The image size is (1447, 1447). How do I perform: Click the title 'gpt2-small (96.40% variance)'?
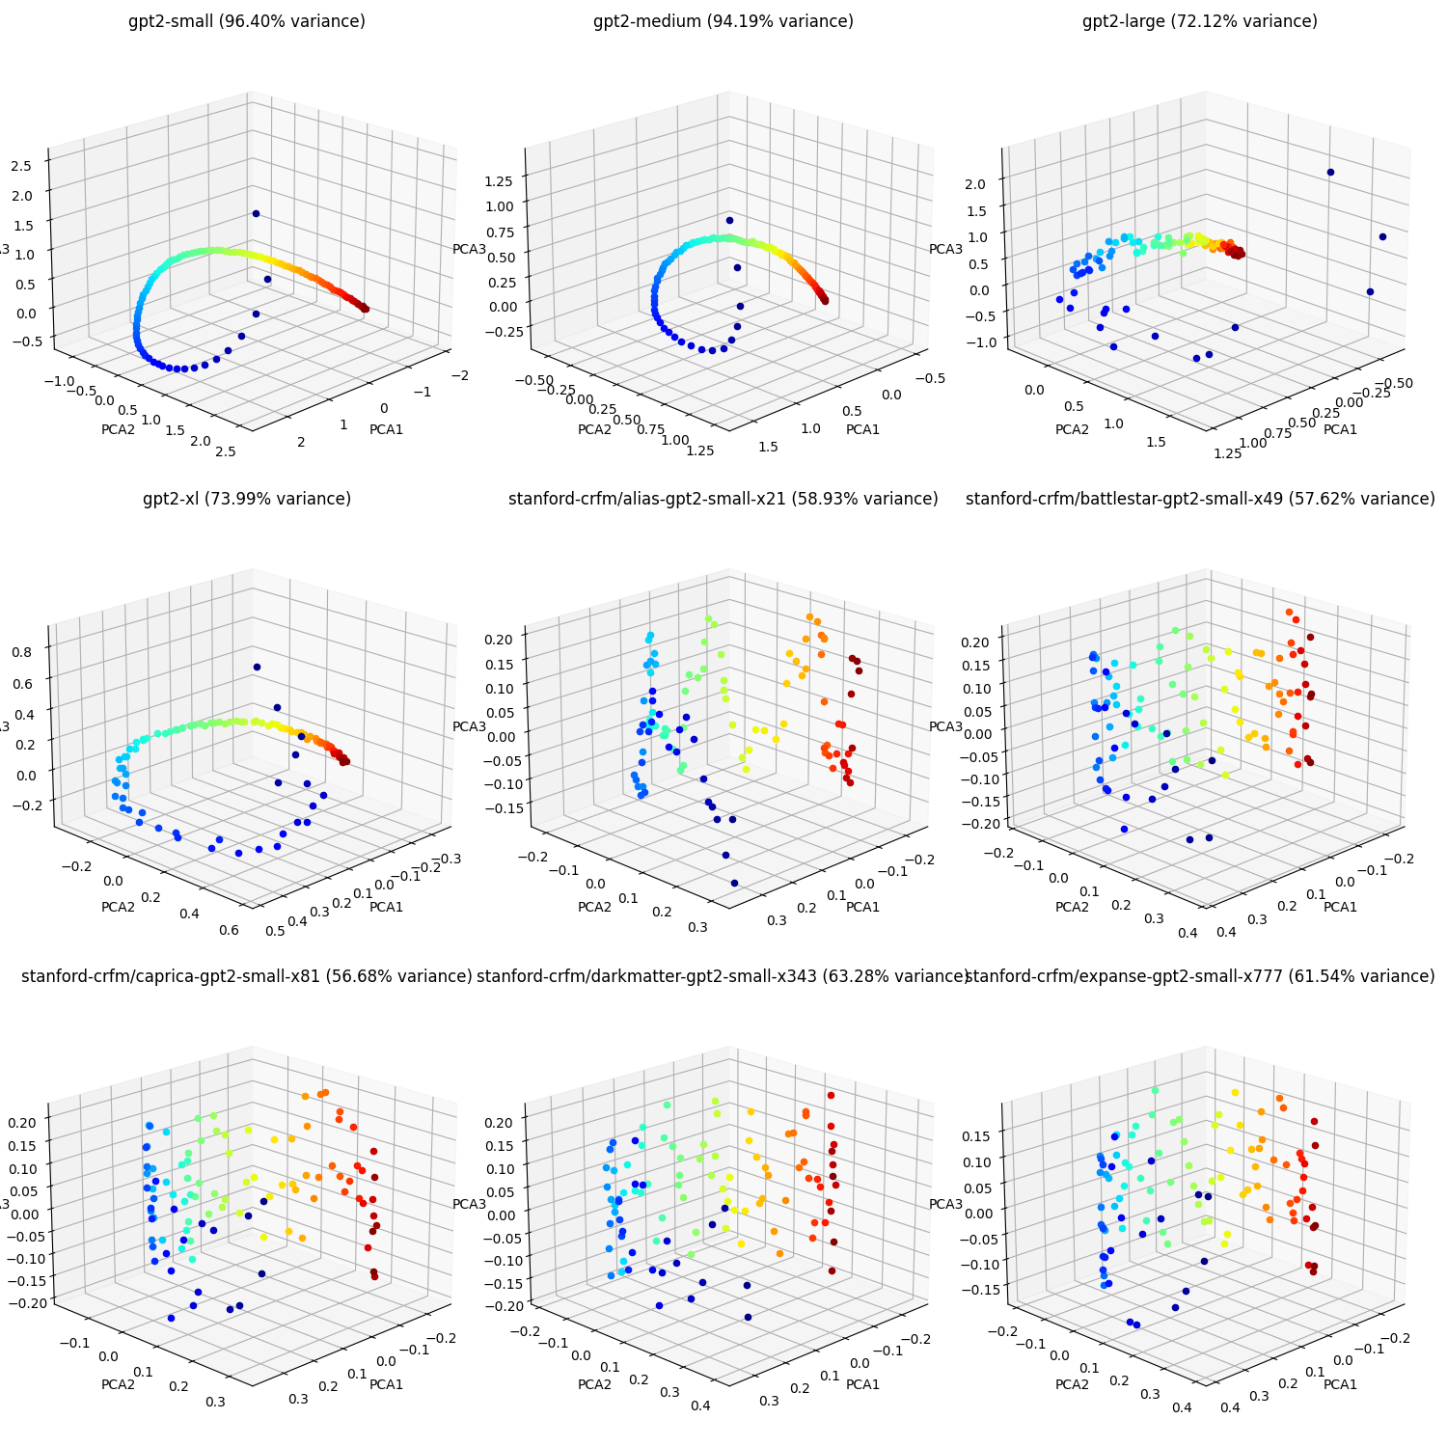tap(247, 21)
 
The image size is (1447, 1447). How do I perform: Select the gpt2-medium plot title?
tap(723, 21)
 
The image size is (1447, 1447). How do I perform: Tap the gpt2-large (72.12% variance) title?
tap(1200, 21)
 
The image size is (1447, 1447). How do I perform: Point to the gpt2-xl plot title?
tap(247, 499)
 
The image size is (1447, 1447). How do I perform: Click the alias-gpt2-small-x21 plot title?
tap(723, 499)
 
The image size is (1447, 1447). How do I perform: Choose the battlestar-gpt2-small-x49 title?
tap(1200, 499)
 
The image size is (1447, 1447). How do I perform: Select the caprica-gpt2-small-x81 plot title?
tap(247, 976)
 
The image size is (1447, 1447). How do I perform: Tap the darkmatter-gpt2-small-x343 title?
tap(723, 976)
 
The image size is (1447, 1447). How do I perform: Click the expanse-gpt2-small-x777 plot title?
tap(1200, 976)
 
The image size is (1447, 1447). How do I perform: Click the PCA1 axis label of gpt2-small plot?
tap(386, 429)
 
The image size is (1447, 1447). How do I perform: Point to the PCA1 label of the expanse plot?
tap(1340, 1384)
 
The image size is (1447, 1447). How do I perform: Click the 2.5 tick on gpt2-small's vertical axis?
tap(21, 165)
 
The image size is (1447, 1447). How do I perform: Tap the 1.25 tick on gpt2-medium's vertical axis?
tap(500, 179)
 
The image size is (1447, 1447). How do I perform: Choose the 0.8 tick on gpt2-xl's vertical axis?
tap(21, 651)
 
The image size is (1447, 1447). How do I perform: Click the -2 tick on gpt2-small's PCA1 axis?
tap(461, 375)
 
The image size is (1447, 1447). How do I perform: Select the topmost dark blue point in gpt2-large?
tap(1330, 173)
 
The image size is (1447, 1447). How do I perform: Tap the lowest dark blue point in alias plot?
tap(734, 883)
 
